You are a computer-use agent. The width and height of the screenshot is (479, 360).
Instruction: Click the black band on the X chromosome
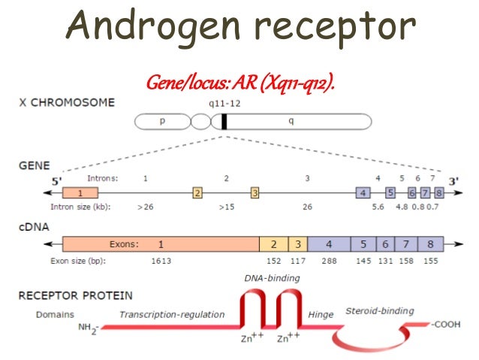224,121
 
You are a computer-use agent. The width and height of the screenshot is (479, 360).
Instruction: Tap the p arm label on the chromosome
162,120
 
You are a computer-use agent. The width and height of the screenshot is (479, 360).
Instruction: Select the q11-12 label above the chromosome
224,106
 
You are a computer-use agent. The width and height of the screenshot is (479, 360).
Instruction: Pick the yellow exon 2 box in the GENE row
197,193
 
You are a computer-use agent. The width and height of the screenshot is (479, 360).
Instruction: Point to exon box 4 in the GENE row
363,193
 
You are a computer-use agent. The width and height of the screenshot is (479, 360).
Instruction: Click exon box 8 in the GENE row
438,193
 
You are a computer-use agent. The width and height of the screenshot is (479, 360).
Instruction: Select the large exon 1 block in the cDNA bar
161,244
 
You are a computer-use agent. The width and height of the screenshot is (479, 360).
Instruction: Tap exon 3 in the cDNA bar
298,244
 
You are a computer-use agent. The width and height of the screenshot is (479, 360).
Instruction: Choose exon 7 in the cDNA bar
406,244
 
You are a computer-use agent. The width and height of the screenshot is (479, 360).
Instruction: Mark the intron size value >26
146,205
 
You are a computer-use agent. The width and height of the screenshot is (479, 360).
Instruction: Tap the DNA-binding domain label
272,278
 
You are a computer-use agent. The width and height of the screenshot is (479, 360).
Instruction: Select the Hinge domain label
321,315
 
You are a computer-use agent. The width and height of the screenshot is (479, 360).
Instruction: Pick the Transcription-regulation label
173,315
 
